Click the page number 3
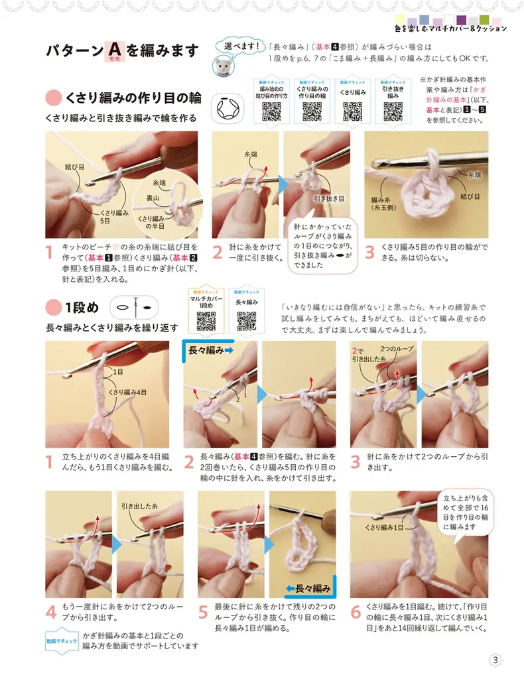pos(495,660)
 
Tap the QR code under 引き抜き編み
pos(393,111)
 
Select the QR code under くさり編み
pos(352,111)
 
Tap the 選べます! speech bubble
pos(241,46)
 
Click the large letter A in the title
pos(115,49)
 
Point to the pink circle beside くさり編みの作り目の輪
pos(53,98)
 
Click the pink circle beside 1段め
pos(53,308)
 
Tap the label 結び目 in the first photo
pos(74,166)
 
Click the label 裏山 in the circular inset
pos(152,198)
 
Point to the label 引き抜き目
pos(329,198)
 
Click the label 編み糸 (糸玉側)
pos(381,204)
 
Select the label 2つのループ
pos(397,349)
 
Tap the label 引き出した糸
pos(139,506)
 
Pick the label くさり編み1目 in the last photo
pos(384,527)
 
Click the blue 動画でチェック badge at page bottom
pos(62,641)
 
